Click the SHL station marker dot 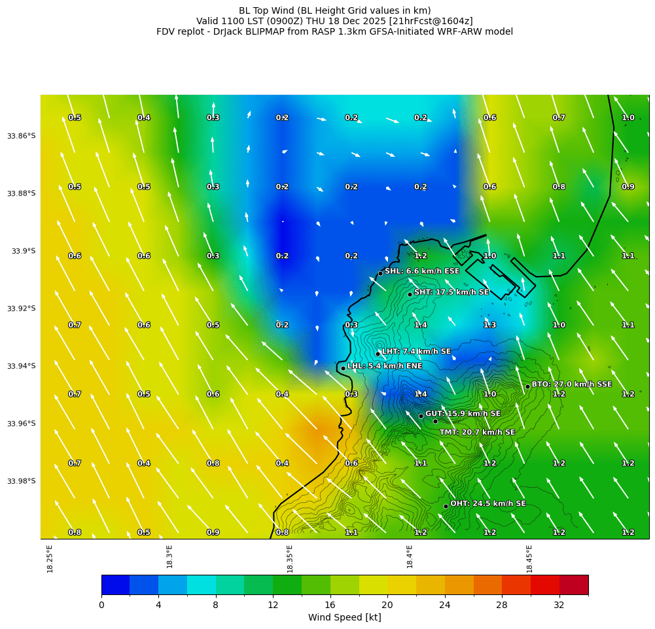point(380,273)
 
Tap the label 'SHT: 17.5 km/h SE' point(451,292)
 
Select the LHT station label point(416,352)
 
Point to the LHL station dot point(343,368)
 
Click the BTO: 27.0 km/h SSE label point(572,384)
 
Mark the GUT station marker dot point(421,416)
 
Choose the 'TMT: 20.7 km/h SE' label point(477,432)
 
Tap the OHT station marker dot point(446,506)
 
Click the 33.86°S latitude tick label point(22,136)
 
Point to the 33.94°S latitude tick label point(22,366)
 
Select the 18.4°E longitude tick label point(410,558)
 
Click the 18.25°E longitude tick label point(50,558)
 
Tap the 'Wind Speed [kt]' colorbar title point(345,617)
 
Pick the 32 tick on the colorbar point(559,605)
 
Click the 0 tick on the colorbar point(101,605)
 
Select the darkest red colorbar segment point(573,585)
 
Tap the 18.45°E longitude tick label point(529,558)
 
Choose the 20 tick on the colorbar point(387,605)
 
